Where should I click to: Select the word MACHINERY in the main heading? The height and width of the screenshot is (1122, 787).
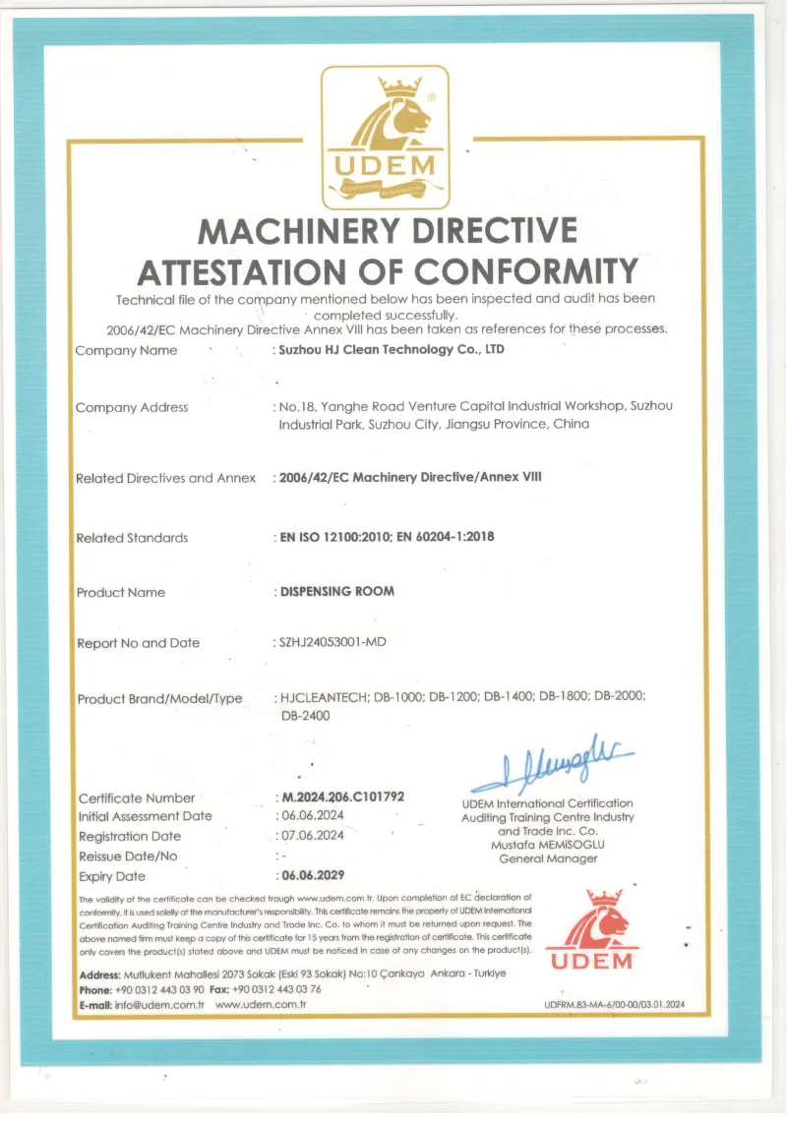point(301,230)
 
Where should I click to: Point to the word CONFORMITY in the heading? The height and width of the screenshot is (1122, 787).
point(527,268)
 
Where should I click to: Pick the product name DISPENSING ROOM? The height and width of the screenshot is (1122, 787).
point(337,592)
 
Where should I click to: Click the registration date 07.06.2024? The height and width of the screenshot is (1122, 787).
point(312,836)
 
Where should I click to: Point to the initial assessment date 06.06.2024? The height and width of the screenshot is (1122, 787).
point(312,816)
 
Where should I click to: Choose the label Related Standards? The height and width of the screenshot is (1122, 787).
point(132,538)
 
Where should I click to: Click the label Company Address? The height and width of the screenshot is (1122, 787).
point(132,407)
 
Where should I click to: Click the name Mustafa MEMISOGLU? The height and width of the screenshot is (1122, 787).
point(548,845)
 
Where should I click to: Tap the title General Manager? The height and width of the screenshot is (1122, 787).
point(548,858)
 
